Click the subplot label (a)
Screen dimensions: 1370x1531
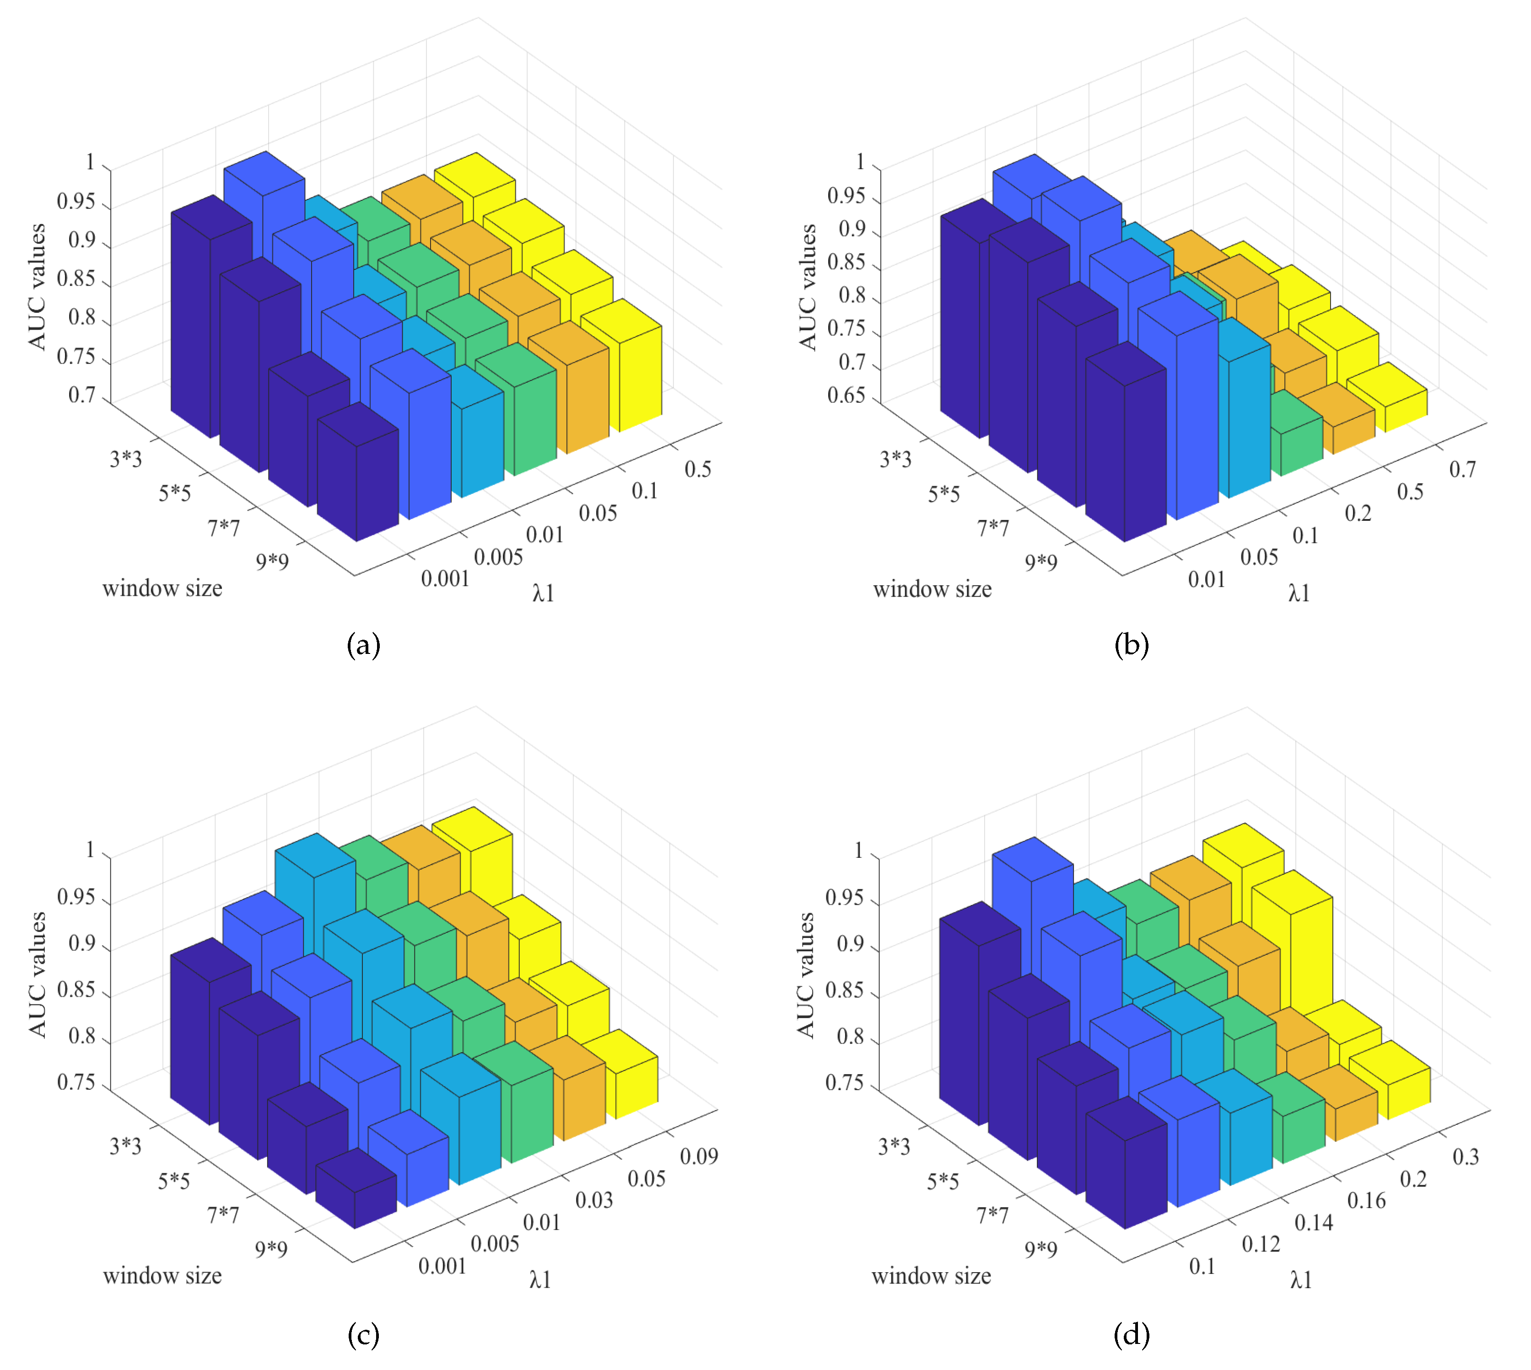pyautogui.click(x=364, y=645)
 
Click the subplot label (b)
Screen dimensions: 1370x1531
pyautogui.click(x=1131, y=645)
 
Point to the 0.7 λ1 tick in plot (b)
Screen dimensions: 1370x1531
pyautogui.click(x=1462, y=469)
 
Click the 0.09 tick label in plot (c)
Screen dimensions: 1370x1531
pyautogui.click(x=698, y=1156)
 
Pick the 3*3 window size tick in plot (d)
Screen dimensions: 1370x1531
pyautogui.click(x=894, y=1146)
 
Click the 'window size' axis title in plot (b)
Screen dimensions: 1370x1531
pyautogui.click(x=933, y=589)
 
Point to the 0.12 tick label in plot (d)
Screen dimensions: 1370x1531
pyautogui.click(x=1261, y=1244)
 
